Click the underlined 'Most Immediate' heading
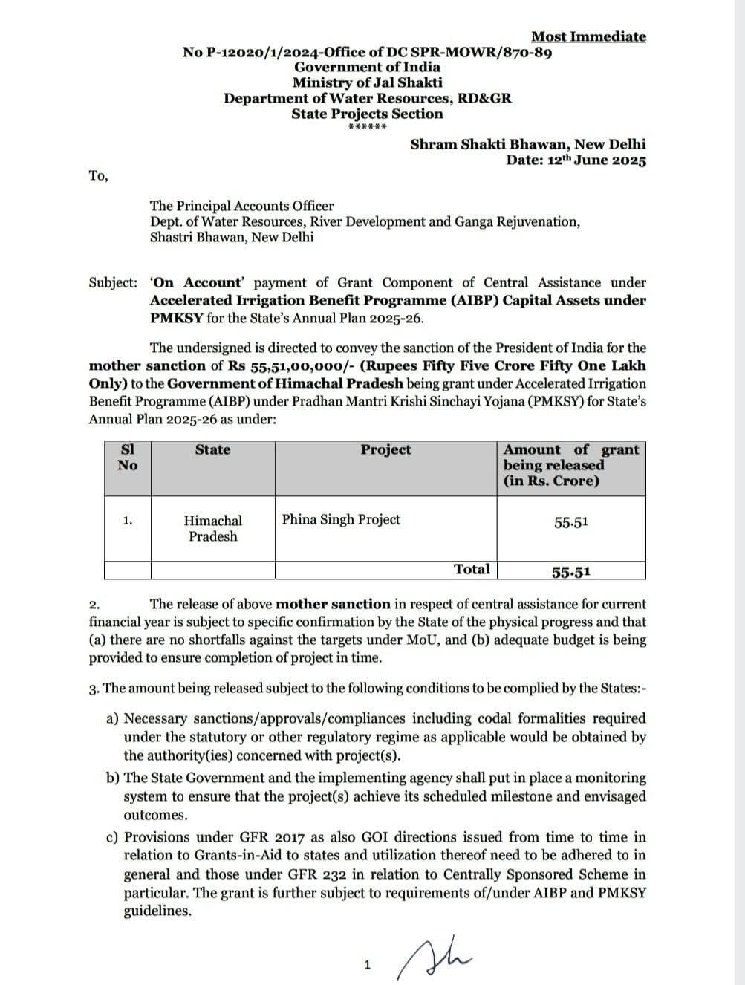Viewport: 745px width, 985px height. (588, 36)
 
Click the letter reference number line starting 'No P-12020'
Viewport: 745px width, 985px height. (367, 52)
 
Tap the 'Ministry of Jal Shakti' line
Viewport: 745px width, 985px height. (367, 82)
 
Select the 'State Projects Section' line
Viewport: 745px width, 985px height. (367, 114)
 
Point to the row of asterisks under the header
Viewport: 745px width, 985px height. (367, 127)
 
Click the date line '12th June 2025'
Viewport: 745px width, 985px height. (576, 160)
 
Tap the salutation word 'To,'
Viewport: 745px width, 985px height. (98, 175)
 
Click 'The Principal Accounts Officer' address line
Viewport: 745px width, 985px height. (241, 206)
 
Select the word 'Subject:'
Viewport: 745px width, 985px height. (113, 283)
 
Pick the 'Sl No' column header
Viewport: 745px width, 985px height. (127, 458)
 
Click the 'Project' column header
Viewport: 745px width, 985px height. (385, 450)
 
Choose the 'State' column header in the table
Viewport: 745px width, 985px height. (212, 450)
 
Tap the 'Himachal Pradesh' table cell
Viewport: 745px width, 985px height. (212, 528)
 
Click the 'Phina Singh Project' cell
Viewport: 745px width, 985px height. (341, 519)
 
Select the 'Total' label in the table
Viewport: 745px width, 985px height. (472, 569)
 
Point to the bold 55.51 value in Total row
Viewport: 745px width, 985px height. (570, 571)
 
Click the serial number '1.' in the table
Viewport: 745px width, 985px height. (128, 521)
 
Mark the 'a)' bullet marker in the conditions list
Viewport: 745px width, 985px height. (113, 719)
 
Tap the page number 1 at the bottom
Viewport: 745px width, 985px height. (367, 965)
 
